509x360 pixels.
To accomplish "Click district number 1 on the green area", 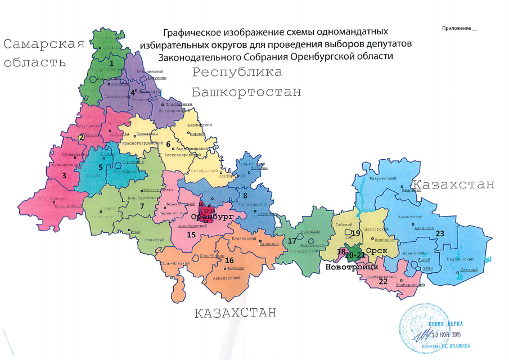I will coord(111,64).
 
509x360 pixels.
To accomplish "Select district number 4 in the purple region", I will coord(133,93).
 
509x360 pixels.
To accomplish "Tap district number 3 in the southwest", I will coord(64,175).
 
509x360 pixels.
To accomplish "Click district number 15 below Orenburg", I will coord(191,235).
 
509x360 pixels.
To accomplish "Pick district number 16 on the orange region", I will coord(229,260).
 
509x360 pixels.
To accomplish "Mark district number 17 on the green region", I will coord(292,241).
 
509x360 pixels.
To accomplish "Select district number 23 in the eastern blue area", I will coord(440,233).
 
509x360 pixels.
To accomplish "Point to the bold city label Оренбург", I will coord(211,217).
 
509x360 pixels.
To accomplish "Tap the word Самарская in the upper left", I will coord(44,44).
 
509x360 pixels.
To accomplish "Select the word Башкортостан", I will coord(246,92).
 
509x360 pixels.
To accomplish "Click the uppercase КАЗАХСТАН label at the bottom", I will coord(235,313).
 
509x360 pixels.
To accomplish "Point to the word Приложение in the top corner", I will coord(456,28).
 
